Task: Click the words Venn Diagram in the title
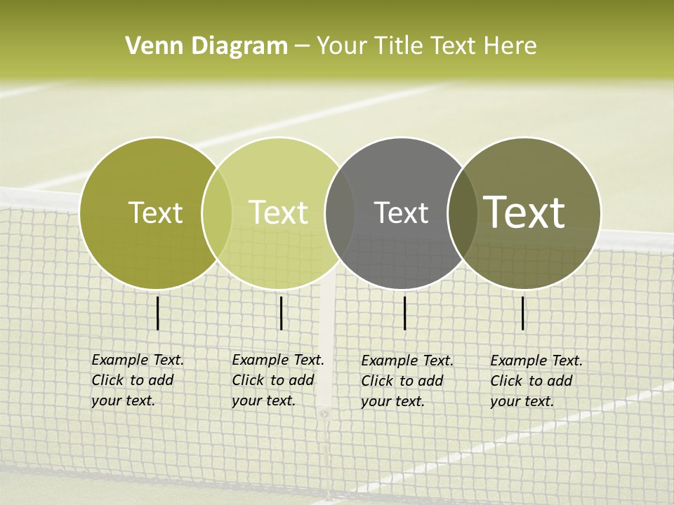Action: click(206, 46)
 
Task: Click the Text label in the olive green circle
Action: click(155, 213)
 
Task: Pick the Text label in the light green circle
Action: click(279, 213)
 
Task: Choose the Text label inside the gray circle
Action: click(401, 213)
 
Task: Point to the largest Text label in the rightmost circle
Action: click(524, 213)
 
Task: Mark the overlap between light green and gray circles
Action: click(339, 213)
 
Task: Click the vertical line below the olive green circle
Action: click(158, 313)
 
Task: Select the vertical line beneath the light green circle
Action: click(281, 313)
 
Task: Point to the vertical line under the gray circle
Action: click(405, 313)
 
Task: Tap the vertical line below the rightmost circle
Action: click(523, 313)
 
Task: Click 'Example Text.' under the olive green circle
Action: click(138, 360)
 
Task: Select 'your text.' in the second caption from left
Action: click(263, 400)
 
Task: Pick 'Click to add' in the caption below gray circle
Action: click(402, 381)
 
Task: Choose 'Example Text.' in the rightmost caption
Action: click(536, 361)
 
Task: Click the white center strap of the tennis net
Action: click(325, 351)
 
